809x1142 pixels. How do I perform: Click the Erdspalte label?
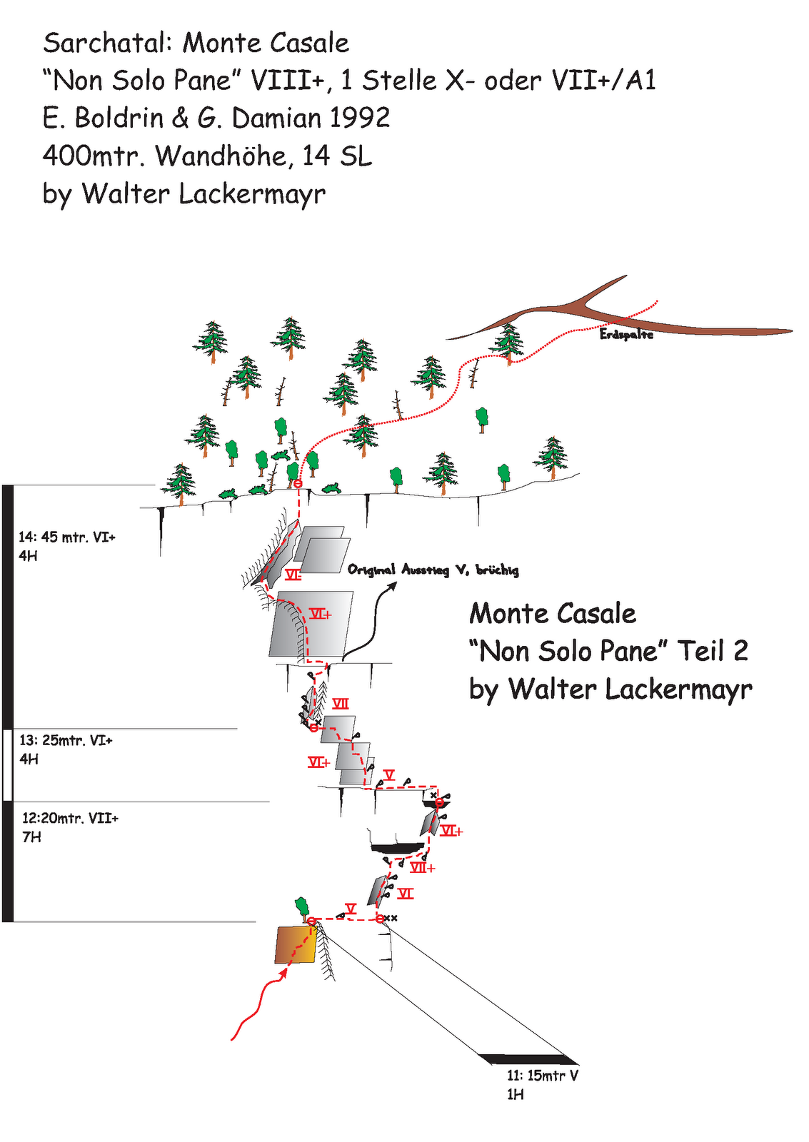(626, 334)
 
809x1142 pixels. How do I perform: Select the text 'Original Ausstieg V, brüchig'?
(433, 570)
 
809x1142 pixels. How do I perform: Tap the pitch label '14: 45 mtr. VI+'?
(67, 537)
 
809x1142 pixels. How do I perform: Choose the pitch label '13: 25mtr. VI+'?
(66, 740)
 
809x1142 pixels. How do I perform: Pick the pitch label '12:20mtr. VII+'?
(70, 818)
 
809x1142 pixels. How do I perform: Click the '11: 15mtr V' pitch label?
(543, 1076)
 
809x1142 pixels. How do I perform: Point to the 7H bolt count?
(31, 837)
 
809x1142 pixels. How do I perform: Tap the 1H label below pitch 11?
(515, 1094)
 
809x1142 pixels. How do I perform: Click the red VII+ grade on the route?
(422, 868)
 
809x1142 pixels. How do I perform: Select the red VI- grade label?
(293, 575)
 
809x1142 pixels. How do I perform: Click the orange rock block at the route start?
(294, 945)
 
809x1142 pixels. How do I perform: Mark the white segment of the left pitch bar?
(8, 764)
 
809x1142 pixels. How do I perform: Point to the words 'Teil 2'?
(712, 651)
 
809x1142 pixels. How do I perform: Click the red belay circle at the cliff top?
(298, 485)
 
